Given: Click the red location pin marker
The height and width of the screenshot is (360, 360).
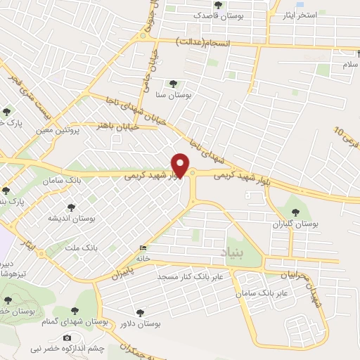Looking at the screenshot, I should (x=181, y=165).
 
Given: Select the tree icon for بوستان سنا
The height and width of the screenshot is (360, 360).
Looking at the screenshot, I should (x=173, y=84).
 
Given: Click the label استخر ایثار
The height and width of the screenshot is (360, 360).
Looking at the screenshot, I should (x=300, y=15).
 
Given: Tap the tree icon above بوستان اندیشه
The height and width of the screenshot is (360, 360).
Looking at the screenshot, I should (x=70, y=207).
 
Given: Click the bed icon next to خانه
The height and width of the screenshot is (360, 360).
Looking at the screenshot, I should (x=144, y=247).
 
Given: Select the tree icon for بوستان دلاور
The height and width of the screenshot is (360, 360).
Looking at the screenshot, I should (x=139, y=312).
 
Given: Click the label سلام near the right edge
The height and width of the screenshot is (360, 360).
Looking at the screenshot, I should (x=349, y=65).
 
